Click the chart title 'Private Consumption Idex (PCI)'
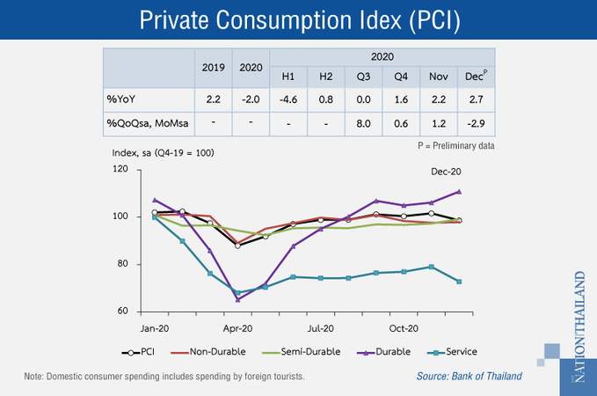point(298,19)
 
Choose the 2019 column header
point(214,67)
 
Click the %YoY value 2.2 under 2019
point(214,99)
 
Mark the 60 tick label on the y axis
point(123,312)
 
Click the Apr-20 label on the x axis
point(237,328)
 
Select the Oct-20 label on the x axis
point(403,328)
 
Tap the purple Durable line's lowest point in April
point(238,299)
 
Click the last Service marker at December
point(459,282)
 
